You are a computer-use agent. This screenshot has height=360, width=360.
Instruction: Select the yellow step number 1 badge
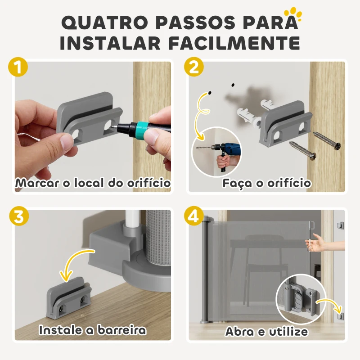click(x=18, y=68)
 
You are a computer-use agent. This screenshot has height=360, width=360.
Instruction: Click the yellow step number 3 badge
click(x=18, y=216)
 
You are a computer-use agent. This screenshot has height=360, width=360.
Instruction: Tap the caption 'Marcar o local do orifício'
click(x=93, y=183)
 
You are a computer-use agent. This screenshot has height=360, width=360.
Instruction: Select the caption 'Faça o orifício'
click(x=266, y=183)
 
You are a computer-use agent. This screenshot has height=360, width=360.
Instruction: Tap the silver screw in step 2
click(x=302, y=150)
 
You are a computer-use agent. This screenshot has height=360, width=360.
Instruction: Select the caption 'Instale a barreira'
click(x=93, y=330)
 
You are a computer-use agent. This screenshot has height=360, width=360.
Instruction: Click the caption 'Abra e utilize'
click(x=266, y=332)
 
